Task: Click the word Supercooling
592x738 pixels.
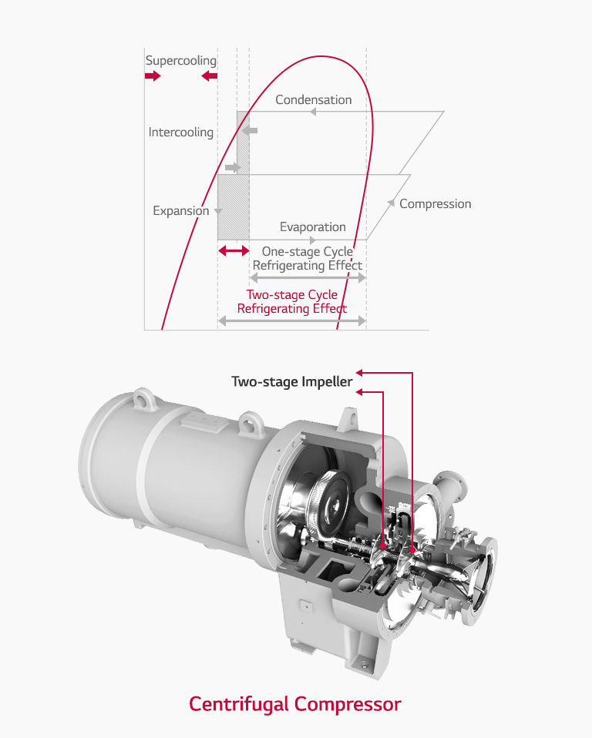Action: pos(181,61)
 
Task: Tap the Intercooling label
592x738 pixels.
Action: pos(181,133)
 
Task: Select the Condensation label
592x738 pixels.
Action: pos(313,100)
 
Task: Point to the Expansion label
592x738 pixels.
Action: pos(181,211)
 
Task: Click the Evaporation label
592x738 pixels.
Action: pos(312,227)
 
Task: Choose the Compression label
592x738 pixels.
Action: pos(435,204)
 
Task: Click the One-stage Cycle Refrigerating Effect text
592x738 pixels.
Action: pos(308,259)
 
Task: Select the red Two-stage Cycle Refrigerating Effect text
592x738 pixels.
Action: pos(292,302)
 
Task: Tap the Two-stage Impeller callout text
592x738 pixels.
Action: pos(292,382)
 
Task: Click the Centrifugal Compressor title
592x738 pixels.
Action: pos(295,704)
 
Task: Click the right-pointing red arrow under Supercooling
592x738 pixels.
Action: pos(153,76)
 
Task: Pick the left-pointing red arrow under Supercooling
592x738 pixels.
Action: pos(209,76)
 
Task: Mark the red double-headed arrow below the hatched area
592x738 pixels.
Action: pos(234,251)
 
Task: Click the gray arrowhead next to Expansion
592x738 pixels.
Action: pos(218,211)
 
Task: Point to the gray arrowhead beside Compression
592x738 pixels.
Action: pos(392,204)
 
